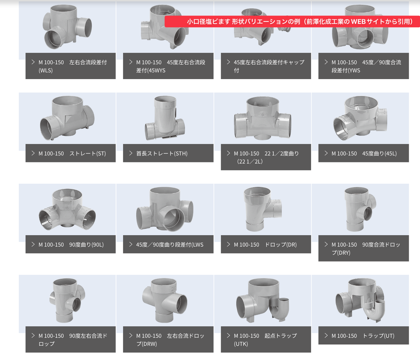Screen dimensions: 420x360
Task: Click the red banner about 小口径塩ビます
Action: (292, 21)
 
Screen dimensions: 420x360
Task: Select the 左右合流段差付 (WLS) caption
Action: (71, 66)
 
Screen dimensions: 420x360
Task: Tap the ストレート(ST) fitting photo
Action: (67, 118)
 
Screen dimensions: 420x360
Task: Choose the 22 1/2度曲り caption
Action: (266, 157)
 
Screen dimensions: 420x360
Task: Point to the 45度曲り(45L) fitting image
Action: (360, 118)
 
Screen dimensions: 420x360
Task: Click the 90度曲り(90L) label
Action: (71, 244)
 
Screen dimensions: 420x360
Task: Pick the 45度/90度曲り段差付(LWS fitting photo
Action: (165, 209)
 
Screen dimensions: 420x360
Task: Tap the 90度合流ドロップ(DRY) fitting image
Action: (360, 209)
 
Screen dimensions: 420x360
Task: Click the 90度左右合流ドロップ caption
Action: (71, 339)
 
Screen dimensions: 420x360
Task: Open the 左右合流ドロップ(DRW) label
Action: (168, 339)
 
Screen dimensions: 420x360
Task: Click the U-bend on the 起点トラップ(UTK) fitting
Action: (280, 311)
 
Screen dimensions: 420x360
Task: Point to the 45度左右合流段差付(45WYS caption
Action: (168, 66)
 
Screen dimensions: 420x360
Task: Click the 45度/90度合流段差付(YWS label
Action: (364, 66)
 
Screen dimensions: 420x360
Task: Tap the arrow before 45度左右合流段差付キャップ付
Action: (228, 62)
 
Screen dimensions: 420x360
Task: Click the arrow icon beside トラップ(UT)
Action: (326, 335)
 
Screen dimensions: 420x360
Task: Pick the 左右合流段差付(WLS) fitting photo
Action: (67, 27)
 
